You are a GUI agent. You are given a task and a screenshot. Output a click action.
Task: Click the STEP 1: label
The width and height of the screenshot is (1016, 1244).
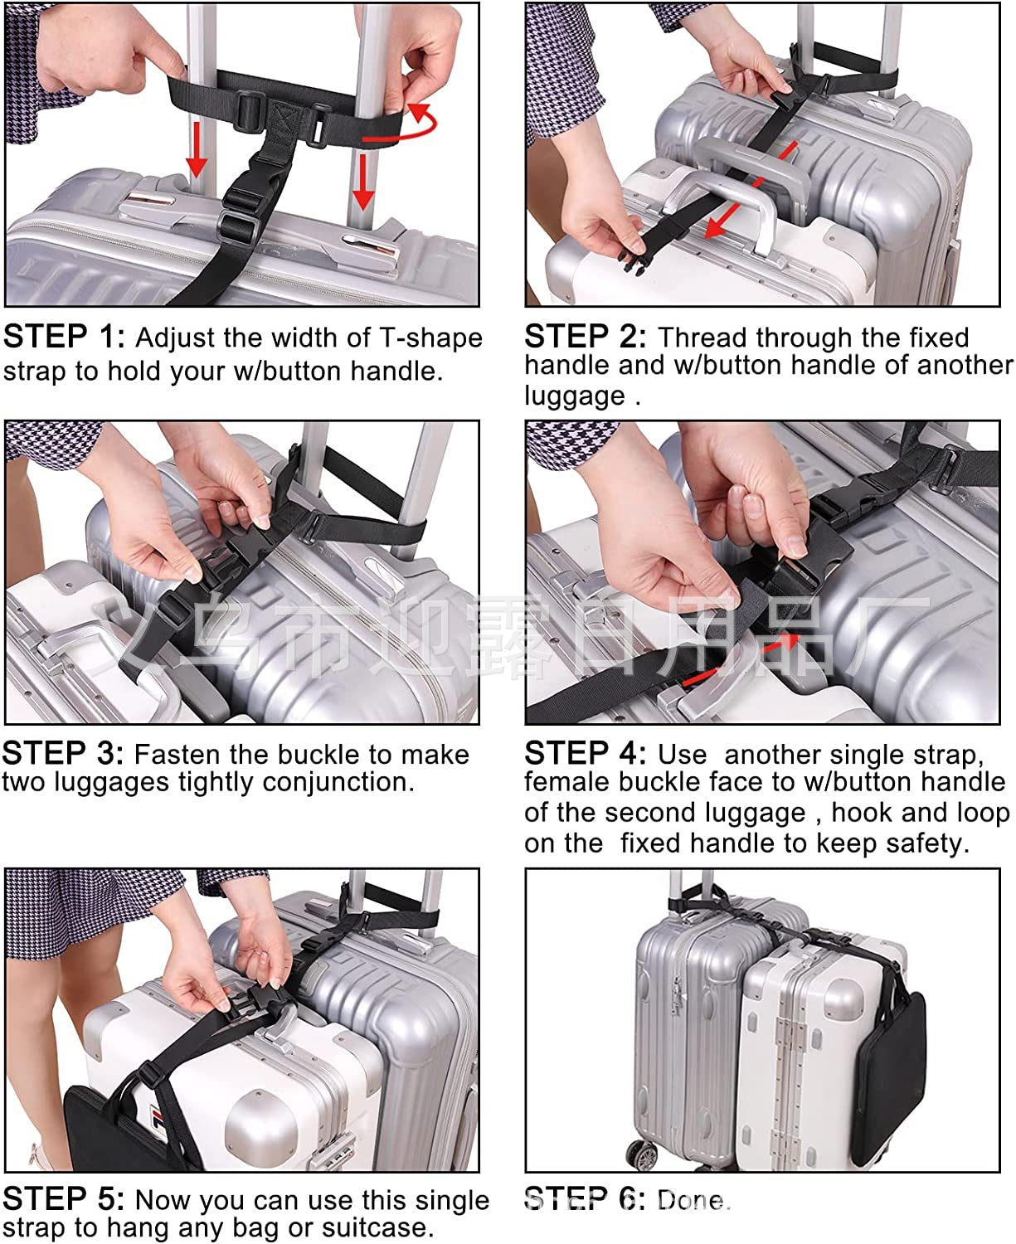pyautogui.click(x=65, y=337)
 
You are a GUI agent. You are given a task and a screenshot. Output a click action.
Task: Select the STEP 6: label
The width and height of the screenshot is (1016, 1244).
pyautogui.click(x=586, y=1199)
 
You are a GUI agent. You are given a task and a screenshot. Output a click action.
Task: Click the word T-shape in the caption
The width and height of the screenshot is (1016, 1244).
pyautogui.click(x=431, y=338)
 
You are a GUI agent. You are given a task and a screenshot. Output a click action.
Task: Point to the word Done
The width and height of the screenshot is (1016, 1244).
pyautogui.click(x=694, y=1200)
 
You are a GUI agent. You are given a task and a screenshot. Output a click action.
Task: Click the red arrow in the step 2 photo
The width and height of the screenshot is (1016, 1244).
pyautogui.click(x=753, y=189)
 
